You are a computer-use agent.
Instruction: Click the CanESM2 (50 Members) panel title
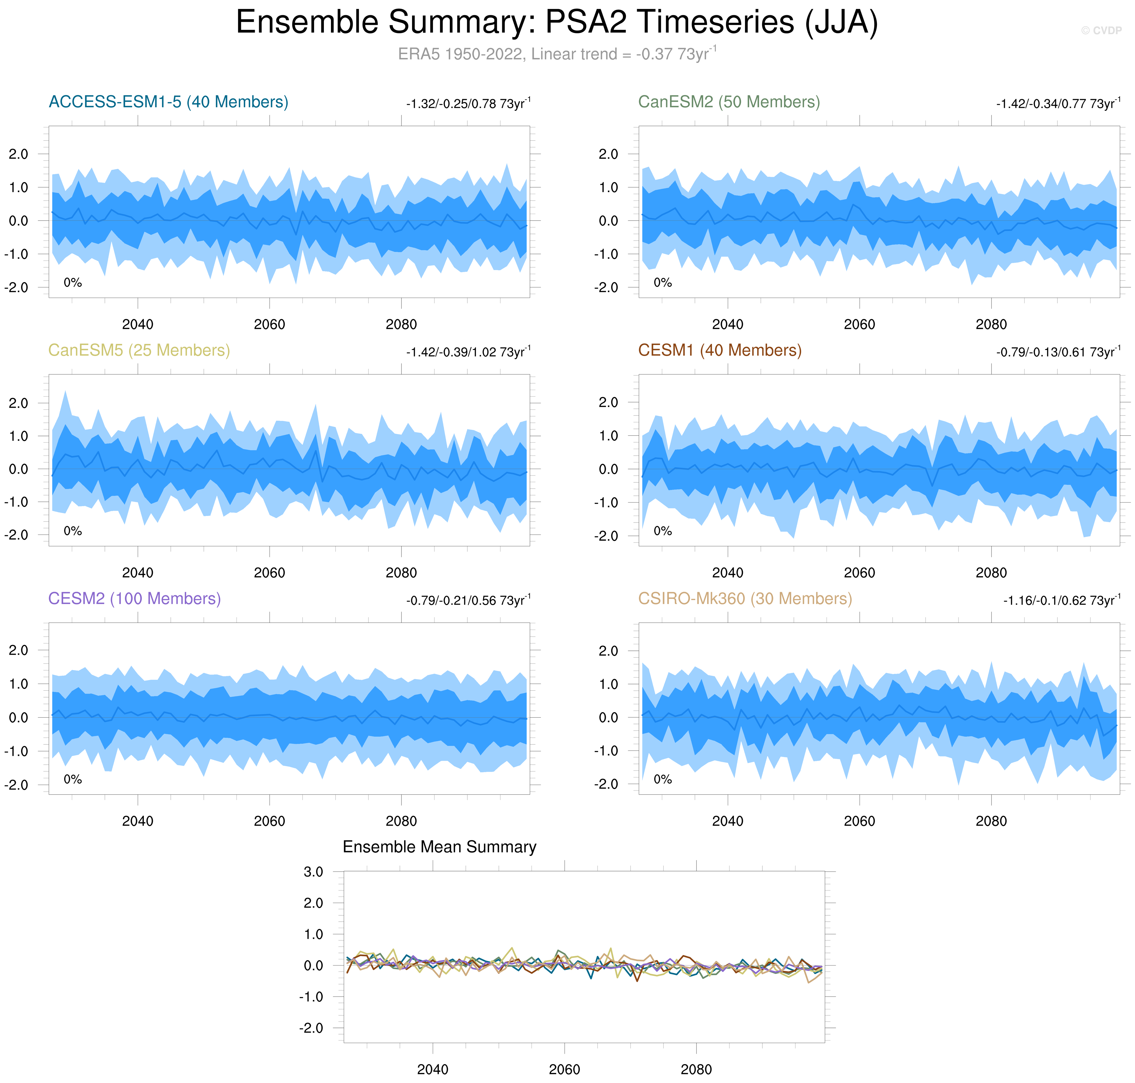729,102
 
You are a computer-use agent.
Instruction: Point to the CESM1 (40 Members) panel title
719,350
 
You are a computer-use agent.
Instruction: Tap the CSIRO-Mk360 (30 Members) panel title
745,599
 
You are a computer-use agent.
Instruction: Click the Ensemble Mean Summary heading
439,847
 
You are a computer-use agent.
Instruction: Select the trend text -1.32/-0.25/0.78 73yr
468,104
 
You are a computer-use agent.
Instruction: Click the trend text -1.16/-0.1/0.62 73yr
1061,600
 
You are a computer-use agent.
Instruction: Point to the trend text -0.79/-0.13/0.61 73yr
1058,352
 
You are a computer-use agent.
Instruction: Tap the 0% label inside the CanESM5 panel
73,531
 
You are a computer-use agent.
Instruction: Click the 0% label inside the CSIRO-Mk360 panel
663,779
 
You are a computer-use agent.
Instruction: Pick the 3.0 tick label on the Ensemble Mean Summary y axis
313,872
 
